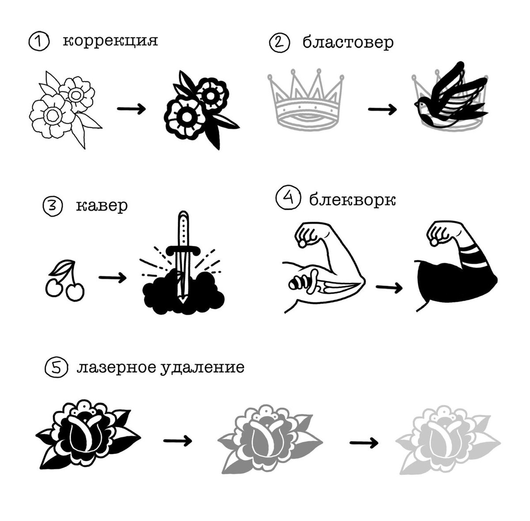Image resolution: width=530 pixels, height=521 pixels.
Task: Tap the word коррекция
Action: click(110, 41)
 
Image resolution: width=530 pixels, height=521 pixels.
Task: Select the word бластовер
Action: click(348, 43)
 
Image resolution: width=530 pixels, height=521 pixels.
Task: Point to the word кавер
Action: click(102, 205)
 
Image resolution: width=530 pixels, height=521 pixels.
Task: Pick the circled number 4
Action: click(286, 198)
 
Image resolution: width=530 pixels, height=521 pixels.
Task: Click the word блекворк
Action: click(352, 200)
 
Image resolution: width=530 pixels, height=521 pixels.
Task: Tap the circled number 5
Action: click(57, 368)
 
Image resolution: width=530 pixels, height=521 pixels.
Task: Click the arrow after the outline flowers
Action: click(131, 109)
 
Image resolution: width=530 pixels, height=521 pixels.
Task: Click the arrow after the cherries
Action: click(112, 277)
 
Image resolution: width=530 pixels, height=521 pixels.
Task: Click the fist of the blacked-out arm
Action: click(439, 234)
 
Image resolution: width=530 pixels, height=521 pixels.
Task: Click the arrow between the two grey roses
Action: click(363, 442)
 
